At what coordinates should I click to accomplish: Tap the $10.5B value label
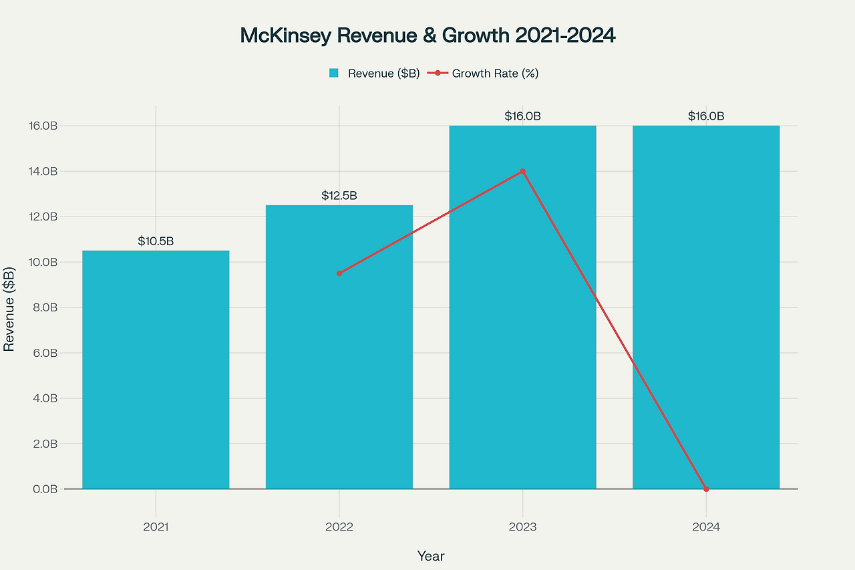coord(156,241)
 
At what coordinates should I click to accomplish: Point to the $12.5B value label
coord(339,196)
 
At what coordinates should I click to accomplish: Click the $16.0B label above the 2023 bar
coord(522,116)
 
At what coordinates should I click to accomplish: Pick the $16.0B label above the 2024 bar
coord(706,116)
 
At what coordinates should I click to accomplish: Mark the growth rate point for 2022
coord(339,273)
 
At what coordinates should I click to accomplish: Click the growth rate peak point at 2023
coord(522,171)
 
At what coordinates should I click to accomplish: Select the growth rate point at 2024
coord(706,488)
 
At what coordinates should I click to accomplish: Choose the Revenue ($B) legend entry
coord(374,74)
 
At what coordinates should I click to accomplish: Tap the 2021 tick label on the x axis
coord(156,527)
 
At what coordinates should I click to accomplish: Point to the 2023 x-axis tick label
coord(522,527)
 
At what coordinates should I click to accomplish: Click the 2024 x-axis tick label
coord(706,527)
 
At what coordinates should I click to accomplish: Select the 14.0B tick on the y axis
coord(41,172)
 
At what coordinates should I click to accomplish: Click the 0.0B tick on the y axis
coord(43,489)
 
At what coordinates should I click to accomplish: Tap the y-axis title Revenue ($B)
coord(9,309)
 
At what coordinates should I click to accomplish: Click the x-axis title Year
coord(431,556)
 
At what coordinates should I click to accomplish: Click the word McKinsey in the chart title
coord(285,36)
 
